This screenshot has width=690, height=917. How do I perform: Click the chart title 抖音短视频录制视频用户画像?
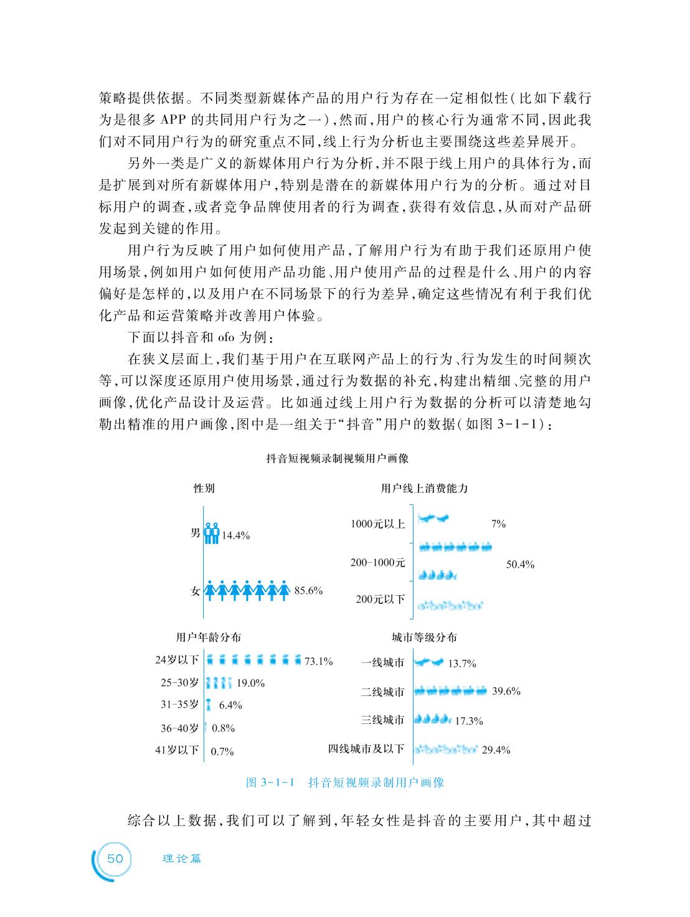pos(337,459)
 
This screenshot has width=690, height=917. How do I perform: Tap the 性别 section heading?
pos(204,489)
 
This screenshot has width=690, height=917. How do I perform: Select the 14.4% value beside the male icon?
pos(236,535)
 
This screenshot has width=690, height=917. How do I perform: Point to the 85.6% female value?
pos(308,591)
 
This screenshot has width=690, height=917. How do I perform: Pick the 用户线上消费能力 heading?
pos(424,489)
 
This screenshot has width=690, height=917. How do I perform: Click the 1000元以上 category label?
pos(378,524)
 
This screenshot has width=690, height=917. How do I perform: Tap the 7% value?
pos(498,524)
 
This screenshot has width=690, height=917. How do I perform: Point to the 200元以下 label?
pos(380,600)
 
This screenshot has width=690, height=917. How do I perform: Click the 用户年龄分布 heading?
pos(209,637)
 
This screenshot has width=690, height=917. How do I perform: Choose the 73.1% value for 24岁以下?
pos(318,661)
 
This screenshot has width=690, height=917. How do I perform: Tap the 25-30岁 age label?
pos(179,682)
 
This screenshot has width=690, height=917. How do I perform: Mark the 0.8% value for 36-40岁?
pos(223,728)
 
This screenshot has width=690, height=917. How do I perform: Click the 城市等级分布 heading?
pos(424,637)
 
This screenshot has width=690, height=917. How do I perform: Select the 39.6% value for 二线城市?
pos(506,691)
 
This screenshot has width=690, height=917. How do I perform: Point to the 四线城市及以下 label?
pos(366,748)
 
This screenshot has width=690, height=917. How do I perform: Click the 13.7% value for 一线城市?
pos(462,664)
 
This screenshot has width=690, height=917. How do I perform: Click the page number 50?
pos(116,858)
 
